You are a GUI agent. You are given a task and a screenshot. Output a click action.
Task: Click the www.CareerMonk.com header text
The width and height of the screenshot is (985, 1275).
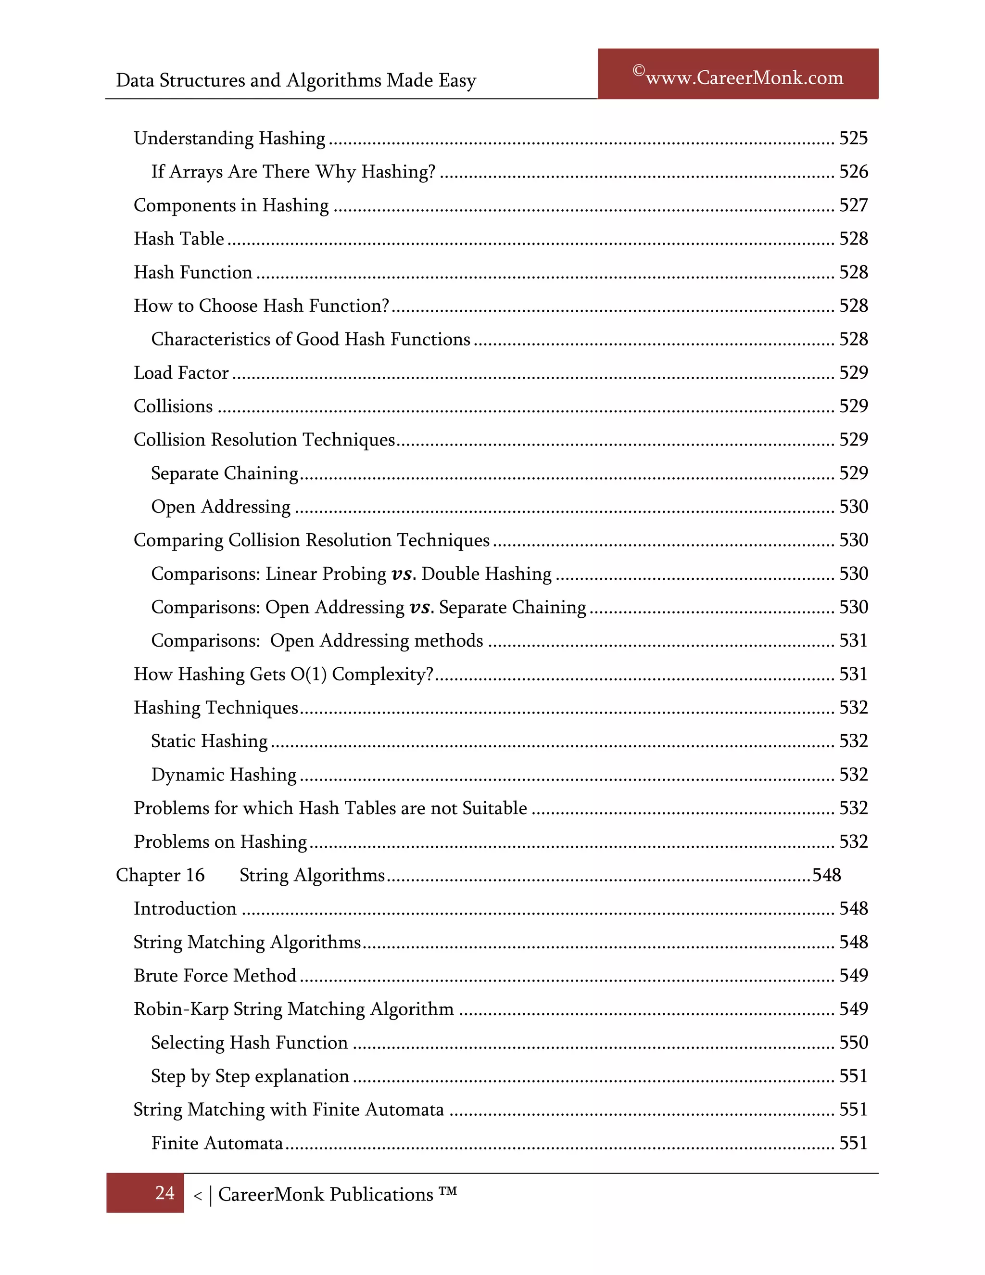tap(744, 77)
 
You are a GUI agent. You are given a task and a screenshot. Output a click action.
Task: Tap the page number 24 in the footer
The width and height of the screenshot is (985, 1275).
tap(164, 1193)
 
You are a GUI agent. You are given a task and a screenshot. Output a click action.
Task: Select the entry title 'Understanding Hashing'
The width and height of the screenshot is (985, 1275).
tap(229, 139)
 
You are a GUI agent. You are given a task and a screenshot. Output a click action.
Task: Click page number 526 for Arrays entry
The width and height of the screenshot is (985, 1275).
tap(853, 172)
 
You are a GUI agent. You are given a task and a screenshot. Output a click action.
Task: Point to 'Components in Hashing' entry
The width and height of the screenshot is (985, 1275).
tap(231, 205)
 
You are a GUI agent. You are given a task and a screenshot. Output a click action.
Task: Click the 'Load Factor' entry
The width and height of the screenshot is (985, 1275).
tap(181, 373)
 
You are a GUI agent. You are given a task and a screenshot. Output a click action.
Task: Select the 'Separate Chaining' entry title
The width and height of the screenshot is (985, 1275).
tap(225, 473)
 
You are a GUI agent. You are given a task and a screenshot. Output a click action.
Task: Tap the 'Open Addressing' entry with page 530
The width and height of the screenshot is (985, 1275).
tap(221, 507)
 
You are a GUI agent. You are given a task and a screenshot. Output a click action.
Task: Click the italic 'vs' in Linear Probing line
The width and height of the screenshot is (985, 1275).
tap(402, 574)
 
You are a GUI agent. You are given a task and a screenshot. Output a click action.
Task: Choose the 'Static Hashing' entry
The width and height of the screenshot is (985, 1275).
tap(209, 741)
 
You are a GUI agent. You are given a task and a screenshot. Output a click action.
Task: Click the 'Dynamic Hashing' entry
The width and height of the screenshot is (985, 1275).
tap(224, 775)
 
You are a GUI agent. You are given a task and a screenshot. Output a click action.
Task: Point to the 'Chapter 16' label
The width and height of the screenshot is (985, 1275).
tap(161, 875)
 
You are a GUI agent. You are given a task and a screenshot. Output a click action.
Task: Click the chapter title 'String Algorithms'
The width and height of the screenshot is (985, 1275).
tap(312, 875)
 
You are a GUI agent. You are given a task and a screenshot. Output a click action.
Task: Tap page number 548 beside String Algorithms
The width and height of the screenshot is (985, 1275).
tap(826, 875)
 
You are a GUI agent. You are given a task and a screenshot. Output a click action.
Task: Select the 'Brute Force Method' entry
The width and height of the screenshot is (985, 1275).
tap(215, 976)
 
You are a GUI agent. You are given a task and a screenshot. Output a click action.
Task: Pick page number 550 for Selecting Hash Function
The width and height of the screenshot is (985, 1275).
tap(853, 1043)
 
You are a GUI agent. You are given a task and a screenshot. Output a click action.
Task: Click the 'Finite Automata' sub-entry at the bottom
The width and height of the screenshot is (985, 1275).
tap(217, 1143)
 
